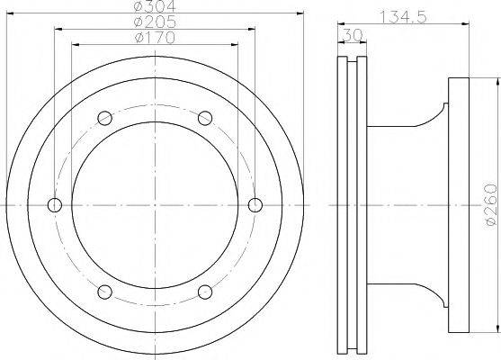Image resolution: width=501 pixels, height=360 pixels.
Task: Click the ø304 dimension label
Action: [155, 5]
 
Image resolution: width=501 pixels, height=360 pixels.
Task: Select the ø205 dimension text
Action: [155, 22]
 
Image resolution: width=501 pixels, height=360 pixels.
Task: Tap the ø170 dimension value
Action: [155, 38]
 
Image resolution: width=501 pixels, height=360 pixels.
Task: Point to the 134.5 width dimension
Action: [403, 16]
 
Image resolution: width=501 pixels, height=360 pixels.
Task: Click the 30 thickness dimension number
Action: [352, 35]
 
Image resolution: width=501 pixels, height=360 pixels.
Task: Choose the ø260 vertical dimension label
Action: [491, 205]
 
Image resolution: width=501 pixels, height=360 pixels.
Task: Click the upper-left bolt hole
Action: [105, 118]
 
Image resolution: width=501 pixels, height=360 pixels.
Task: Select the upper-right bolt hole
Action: [205, 118]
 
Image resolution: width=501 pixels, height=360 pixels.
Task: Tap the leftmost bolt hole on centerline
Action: [55, 205]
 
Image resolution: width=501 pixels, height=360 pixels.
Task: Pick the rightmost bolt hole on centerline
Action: [255, 205]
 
